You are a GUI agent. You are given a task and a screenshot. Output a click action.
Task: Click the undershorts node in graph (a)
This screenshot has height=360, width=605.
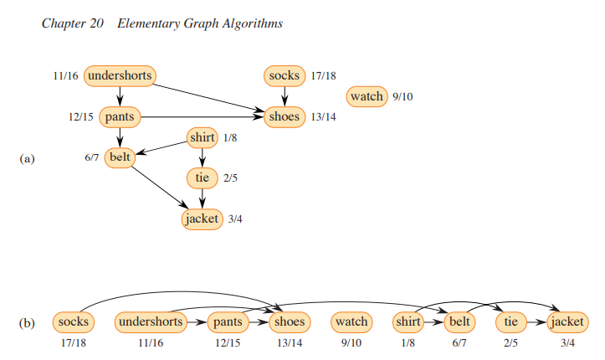click(x=120, y=76)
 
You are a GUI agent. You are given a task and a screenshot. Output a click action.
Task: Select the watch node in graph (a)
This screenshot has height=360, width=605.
click(x=367, y=96)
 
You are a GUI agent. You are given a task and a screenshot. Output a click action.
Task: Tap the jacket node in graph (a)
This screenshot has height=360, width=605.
click(x=202, y=219)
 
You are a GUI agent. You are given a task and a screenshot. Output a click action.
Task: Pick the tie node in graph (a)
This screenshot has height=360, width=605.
click(x=202, y=177)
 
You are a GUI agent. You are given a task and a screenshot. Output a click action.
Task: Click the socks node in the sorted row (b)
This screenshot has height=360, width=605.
click(x=74, y=321)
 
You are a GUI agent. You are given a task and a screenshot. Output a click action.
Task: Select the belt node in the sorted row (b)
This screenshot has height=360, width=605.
click(x=459, y=321)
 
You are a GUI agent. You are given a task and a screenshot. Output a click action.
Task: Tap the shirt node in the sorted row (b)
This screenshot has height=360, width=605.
click(x=407, y=321)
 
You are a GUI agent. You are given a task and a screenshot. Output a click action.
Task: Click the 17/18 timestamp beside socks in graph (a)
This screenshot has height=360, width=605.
click(x=324, y=76)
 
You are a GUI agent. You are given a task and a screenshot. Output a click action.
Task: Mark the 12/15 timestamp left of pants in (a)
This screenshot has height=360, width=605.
click(x=81, y=116)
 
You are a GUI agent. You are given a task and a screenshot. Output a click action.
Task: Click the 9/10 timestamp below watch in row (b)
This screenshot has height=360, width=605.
click(x=351, y=342)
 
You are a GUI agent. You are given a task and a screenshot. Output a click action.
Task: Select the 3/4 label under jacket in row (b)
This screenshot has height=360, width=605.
click(x=567, y=342)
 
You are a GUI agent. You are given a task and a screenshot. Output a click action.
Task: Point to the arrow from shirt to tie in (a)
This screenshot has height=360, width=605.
click(x=202, y=157)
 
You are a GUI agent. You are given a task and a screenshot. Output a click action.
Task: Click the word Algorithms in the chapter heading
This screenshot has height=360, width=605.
click(x=248, y=23)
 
